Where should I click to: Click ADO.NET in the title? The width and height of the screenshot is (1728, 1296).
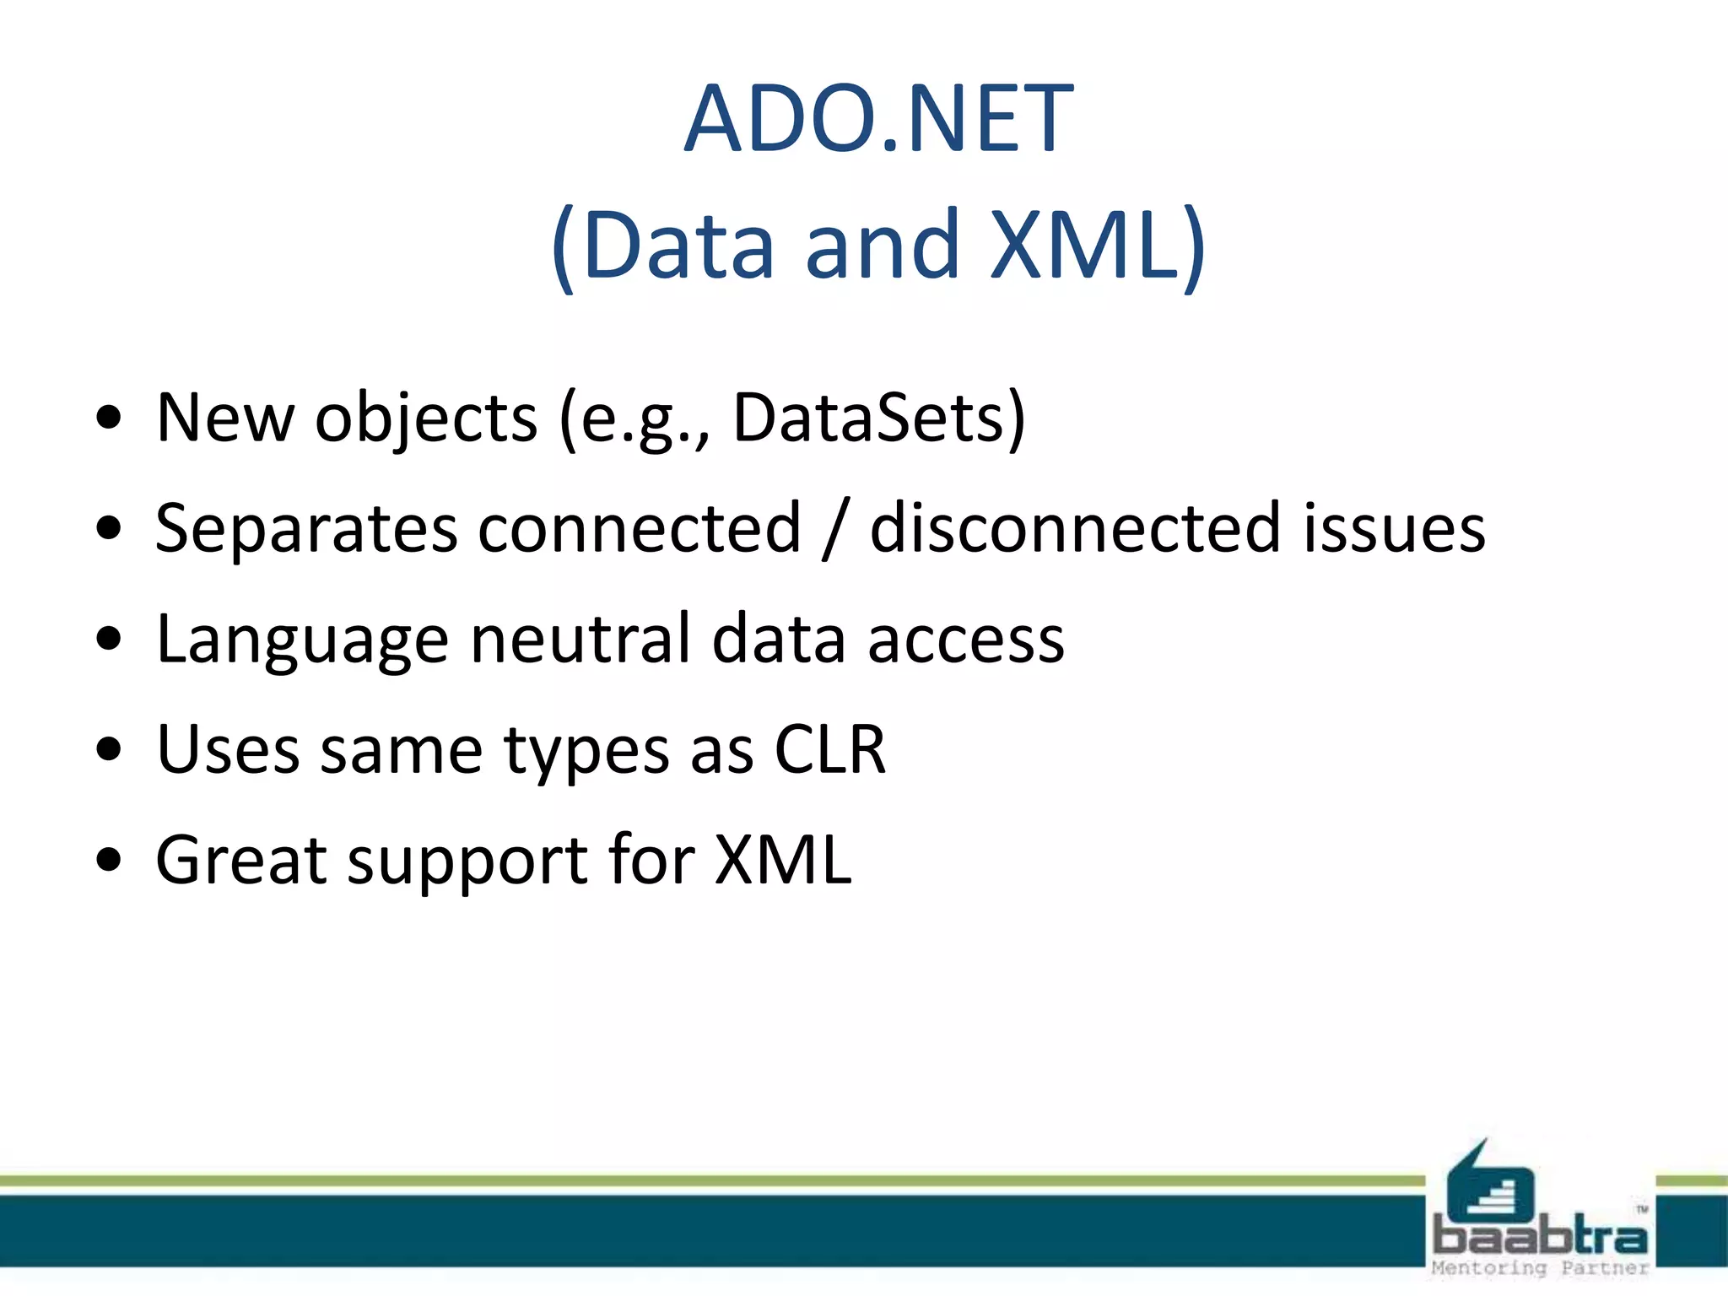pos(878,119)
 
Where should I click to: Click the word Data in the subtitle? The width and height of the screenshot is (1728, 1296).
pos(678,246)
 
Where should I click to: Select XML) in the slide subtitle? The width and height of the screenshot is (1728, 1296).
pos(1097,246)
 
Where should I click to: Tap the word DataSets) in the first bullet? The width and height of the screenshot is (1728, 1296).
pos(878,418)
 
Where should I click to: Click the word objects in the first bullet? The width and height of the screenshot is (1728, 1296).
pos(426,419)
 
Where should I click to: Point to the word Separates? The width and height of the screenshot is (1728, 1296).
pos(306,530)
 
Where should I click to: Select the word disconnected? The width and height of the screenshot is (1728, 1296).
pos(1076,528)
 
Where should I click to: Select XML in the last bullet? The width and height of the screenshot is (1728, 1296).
pos(782,860)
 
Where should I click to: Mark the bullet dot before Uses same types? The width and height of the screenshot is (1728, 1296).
pos(109,748)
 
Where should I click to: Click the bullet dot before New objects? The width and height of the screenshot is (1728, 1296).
pos(109,417)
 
